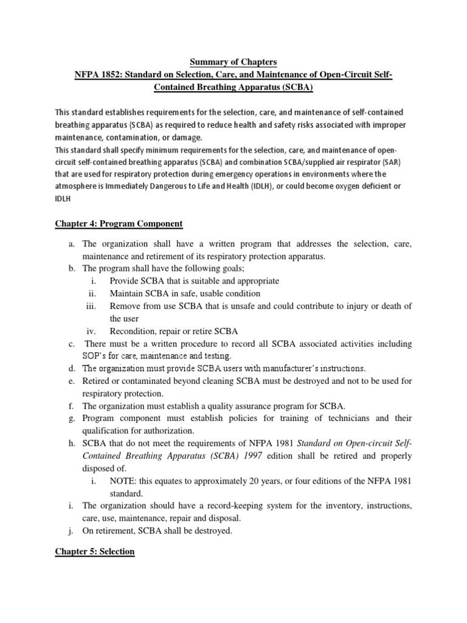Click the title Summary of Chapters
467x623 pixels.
click(233, 61)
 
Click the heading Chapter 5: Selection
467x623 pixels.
click(95, 551)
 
